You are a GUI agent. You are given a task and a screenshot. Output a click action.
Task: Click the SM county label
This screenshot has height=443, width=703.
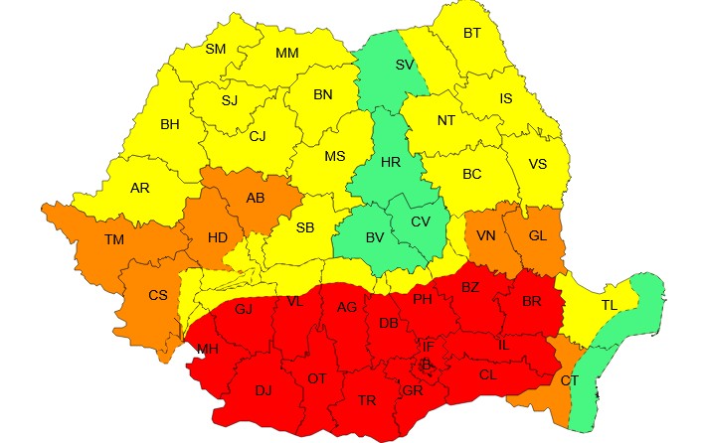[216, 49]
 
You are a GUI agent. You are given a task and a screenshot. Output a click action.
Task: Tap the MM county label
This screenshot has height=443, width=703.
[287, 53]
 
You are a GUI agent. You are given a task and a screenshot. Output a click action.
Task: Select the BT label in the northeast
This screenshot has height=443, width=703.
[471, 33]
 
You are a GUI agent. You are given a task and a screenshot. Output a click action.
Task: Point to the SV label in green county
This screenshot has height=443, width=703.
[405, 65]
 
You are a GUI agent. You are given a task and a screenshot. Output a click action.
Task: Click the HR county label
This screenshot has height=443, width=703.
[392, 162]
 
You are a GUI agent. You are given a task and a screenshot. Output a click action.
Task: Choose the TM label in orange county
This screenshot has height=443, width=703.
[114, 238]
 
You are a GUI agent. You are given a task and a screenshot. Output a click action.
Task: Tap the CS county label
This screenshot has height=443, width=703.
[157, 295]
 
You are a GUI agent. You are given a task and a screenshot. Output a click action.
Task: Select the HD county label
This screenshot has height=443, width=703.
[218, 238]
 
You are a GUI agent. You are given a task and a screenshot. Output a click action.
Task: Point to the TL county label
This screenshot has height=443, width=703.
[610, 306]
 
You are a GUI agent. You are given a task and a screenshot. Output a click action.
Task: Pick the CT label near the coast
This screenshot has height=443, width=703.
[569, 380]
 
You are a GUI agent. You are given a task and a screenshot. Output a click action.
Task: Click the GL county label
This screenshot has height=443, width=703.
[537, 235]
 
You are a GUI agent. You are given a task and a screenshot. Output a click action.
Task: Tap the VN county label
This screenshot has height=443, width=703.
[486, 235]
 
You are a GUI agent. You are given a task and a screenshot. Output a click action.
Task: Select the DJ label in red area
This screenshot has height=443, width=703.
[263, 390]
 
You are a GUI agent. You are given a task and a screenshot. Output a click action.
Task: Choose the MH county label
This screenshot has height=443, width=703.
[208, 349]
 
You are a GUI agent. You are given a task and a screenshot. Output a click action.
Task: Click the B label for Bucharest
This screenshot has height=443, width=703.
[427, 366]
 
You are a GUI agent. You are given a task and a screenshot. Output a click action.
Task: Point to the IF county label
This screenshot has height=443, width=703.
[428, 347]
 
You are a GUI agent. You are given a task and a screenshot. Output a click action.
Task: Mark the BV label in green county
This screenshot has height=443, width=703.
[375, 237]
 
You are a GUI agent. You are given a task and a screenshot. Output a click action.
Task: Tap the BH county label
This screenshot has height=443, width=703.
[171, 125]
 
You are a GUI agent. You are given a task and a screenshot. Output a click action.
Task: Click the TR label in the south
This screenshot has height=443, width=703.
[367, 400]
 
